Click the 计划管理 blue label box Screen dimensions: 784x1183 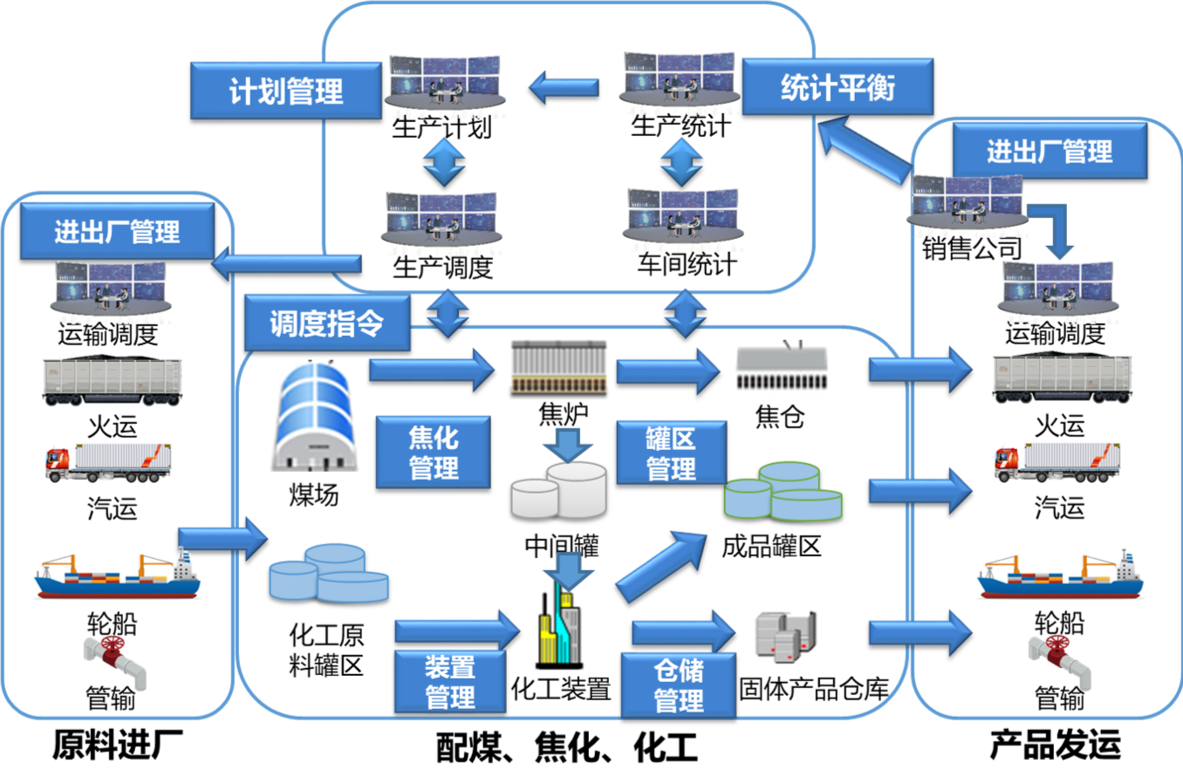click(x=286, y=91)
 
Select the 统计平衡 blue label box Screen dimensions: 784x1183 click(x=837, y=86)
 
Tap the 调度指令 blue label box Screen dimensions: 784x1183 click(x=326, y=323)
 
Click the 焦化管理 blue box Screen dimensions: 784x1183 click(x=433, y=452)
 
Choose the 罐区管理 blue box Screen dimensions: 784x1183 click(x=670, y=453)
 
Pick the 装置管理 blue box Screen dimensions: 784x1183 click(x=449, y=681)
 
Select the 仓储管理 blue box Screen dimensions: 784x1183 click(x=678, y=685)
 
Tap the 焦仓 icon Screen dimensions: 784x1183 click(x=781, y=369)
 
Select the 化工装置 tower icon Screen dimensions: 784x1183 click(x=558, y=632)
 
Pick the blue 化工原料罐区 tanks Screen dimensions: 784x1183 click(x=328, y=574)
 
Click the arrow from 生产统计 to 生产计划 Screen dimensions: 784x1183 click(x=564, y=87)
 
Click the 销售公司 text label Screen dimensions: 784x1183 click(x=971, y=249)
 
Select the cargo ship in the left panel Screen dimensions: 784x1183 click(x=116, y=575)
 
